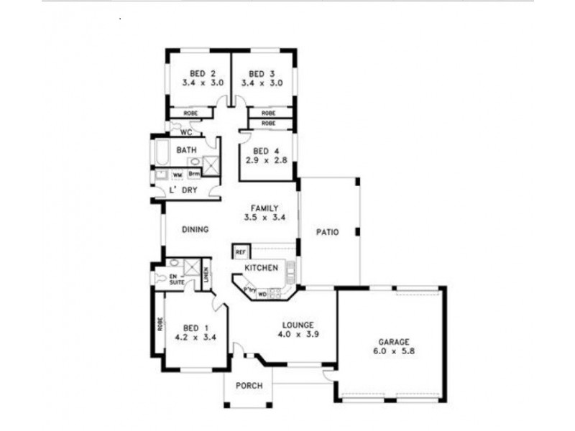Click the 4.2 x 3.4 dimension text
[192, 335]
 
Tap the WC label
[185, 133]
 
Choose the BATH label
[187, 150]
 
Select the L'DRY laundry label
[183, 190]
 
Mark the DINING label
[195, 230]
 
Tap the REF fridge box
[240, 252]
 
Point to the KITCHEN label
[261, 268]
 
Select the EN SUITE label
[176, 279]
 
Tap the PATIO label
[328, 231]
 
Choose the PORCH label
[249, 386]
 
